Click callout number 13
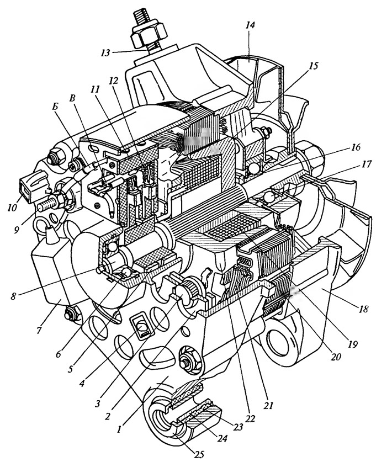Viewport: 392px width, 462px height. coord(105,52)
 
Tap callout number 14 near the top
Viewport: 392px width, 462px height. coord(250,25)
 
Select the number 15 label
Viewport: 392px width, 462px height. coord(314,66)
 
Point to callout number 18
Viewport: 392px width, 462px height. coord(364,309)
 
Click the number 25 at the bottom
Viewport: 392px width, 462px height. coord(199,454)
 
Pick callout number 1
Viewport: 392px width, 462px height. coord(119,429)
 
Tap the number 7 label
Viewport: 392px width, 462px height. coord(39,330)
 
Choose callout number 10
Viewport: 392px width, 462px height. coord(12,208)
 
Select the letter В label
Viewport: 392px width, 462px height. coord(72,98)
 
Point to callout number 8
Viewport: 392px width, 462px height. coord(13,296)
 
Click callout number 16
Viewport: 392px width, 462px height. coord(356,147)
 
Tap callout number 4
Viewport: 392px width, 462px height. coord(83,384)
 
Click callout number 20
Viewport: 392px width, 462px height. coord(336,357)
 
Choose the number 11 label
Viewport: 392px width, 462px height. coord(95,89)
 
